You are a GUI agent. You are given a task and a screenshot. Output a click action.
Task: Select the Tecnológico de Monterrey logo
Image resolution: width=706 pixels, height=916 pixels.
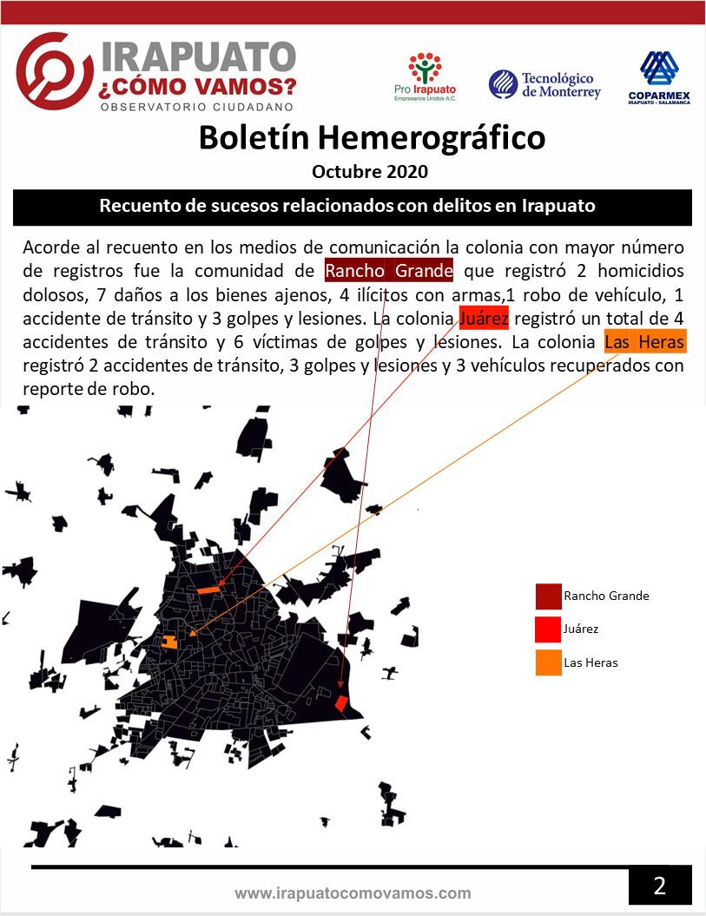click(544, 84)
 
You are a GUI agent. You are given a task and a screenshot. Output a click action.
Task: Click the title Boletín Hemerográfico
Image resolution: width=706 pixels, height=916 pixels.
click(372, 137)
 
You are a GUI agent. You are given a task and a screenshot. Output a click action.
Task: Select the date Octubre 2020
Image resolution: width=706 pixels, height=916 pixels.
click(370, 171)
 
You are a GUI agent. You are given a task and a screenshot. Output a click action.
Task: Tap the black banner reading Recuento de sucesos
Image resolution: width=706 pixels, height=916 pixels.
click(353, 207)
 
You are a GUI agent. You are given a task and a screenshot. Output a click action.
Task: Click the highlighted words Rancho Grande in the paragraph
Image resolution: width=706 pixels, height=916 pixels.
click(389, 270)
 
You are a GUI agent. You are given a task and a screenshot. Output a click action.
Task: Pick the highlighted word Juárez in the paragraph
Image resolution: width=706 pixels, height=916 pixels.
click(484, 318)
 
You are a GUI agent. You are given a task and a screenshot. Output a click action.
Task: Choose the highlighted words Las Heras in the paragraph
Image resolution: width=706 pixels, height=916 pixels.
click(644, 342)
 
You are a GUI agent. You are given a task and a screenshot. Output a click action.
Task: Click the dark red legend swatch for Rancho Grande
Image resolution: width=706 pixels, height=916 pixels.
click(548, 596)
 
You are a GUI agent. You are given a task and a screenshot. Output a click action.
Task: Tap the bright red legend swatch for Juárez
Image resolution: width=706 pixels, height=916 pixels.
click(548, 629)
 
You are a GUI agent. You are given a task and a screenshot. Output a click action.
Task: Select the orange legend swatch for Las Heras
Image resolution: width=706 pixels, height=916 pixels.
click(548, 662)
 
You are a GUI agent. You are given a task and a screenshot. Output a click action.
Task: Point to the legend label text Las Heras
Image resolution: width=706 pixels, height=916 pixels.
click(591, 662)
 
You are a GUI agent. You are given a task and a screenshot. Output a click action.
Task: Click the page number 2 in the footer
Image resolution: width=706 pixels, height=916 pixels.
click(660, 886)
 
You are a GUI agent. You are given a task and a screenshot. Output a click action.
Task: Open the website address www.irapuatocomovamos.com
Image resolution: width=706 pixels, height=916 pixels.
click(353, 893)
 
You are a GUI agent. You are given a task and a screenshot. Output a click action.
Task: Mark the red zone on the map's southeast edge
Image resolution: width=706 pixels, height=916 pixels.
click(343, 705)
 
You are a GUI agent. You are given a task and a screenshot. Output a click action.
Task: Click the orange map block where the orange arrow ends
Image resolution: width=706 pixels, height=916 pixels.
click(170, 643)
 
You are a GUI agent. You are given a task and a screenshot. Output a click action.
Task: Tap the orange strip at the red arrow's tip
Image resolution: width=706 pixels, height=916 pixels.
click(208, 590)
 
